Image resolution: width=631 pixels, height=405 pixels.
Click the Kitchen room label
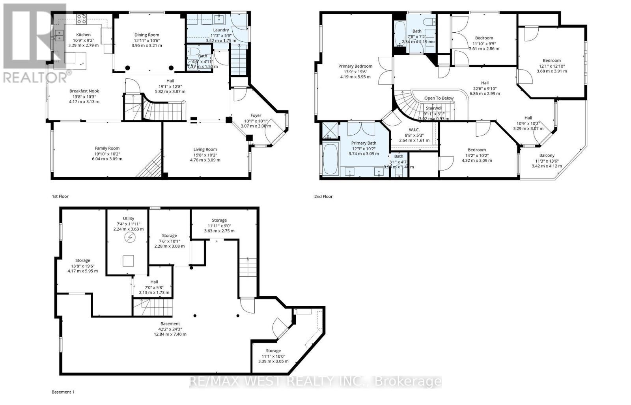pos(83,35)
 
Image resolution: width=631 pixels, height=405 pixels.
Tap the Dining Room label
pos(147,35)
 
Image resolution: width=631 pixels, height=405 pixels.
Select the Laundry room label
pos(221,30)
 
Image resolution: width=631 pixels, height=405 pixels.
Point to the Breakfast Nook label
pos(84,91)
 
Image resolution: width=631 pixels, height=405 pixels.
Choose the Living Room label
pos(205,149)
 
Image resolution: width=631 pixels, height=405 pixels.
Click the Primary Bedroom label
pos(355,66)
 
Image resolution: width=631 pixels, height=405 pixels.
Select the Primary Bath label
pos(364,143)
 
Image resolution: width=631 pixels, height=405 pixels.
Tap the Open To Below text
pos(439,98)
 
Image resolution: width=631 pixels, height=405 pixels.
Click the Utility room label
pos(129,218)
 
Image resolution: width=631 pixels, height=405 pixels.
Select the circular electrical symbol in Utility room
pos(129,238)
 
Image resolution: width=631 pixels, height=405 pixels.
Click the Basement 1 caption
pos(63,392)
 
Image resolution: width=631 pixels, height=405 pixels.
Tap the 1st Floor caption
pos(60,196)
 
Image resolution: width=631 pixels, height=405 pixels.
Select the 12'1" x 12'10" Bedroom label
pos(551,61)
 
